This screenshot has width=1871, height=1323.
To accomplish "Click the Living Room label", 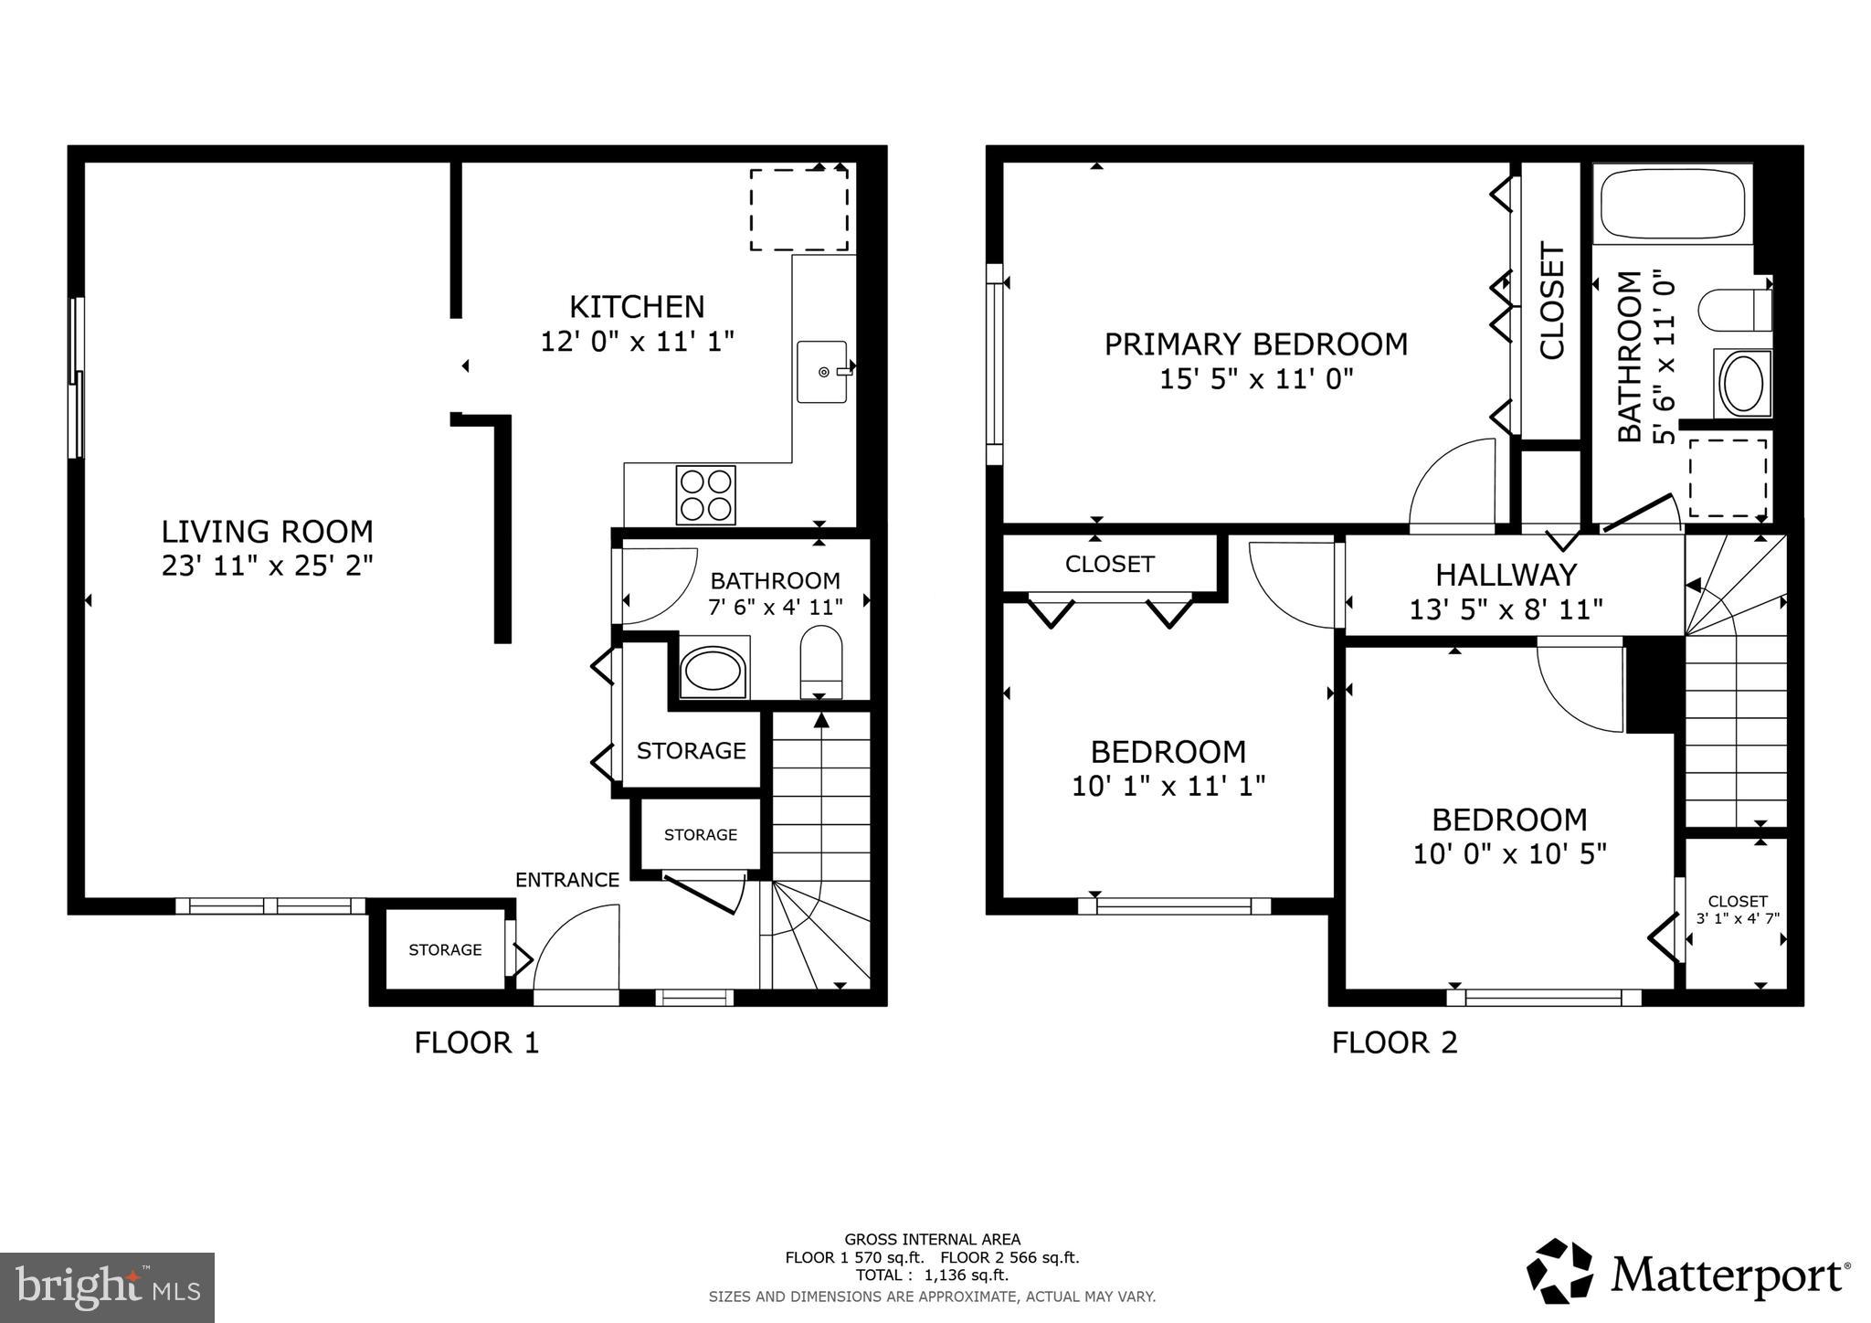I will click(x=267, y=531).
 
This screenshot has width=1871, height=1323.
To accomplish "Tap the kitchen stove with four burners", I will click(x=705, y=495).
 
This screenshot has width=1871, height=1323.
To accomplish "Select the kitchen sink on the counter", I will click(x=821, y=372).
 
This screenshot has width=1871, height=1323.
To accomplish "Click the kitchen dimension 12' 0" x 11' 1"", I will click(x=637, y=342).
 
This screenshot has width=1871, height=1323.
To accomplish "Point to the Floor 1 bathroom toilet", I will click(x=819, y=661).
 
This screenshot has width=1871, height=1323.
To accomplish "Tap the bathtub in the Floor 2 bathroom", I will click(x=1672, y=203).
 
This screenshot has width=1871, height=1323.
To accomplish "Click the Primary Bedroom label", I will click(x=1255, y=344).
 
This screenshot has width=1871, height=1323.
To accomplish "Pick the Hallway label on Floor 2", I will click(x=1506, y=575).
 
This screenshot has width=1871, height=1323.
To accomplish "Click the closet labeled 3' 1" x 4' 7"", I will click(x=1737, y=910).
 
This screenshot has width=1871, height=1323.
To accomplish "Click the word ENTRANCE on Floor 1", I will click(x=567, y=880).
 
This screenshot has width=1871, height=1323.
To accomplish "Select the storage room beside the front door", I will click(x=445, y=950).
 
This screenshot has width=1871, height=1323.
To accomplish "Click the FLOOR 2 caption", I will click(x=1394, y=1043).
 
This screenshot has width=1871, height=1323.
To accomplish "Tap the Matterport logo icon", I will click(x=1560, y=1272).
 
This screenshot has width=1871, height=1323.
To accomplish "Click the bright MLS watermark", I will click(x=107, y=1287).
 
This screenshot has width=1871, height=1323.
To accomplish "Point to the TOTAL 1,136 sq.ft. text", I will click(x=932, y=1275).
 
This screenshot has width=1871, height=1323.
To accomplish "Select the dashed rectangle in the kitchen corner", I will click(x=798, y=209).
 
